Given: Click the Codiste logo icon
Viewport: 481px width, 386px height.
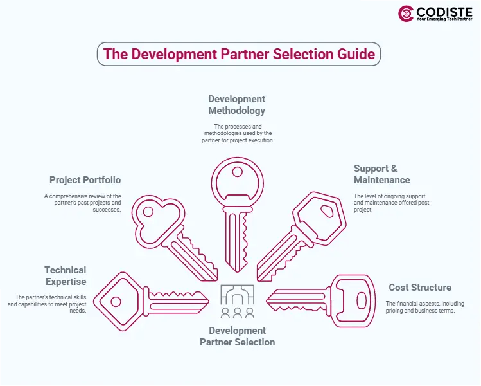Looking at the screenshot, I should (405, 14).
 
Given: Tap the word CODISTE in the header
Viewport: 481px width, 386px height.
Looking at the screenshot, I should (444, 11).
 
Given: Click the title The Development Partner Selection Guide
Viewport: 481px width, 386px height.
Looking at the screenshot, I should (239, 54).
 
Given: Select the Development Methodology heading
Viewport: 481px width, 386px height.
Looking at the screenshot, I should (236, 105).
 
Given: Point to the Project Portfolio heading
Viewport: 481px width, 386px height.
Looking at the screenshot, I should (85, 180).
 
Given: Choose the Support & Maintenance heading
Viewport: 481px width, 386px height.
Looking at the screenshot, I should (381, 174).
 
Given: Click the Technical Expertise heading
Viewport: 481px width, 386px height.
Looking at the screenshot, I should (65, 276).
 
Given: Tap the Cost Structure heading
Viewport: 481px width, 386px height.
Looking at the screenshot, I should (419, 288).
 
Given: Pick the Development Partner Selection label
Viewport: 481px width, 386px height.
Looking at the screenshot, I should (237, 336).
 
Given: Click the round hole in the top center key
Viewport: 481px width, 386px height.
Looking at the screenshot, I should (237, 172).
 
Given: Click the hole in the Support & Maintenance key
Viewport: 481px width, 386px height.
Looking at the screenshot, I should (326, 210).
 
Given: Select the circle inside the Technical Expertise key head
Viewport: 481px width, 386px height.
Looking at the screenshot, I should (116, 300).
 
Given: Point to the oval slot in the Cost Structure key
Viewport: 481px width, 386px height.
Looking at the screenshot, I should (361, 300).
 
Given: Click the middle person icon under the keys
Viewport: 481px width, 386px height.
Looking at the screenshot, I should (237, 313).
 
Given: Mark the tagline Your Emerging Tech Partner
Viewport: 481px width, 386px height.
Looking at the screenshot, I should (444, 20).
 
